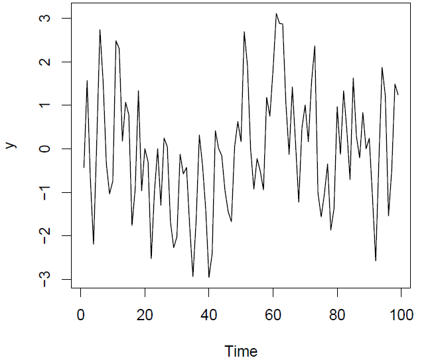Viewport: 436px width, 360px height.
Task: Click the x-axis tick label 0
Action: click(80, 314)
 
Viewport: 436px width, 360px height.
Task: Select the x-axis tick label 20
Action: click(145, 314)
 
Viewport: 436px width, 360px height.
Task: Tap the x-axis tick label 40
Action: click(208, 314)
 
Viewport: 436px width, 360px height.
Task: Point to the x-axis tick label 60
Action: click(273, 314)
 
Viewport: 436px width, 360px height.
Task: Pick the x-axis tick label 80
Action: click(337, 314)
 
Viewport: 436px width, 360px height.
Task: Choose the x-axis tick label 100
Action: click(401, 314)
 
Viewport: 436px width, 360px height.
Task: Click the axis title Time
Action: click(240, 351)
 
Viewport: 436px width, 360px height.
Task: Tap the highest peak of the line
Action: click(276, 13)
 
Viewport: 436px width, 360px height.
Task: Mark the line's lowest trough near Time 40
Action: click(209, 277)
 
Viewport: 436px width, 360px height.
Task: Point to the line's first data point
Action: click(84, 167)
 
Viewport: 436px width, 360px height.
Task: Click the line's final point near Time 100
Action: click(398, 95)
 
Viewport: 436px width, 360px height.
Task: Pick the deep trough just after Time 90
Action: click(376, 261)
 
